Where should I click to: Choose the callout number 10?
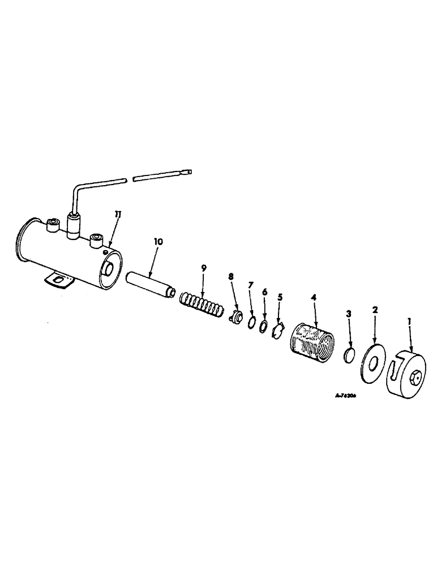158,241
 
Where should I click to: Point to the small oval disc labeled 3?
349,356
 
